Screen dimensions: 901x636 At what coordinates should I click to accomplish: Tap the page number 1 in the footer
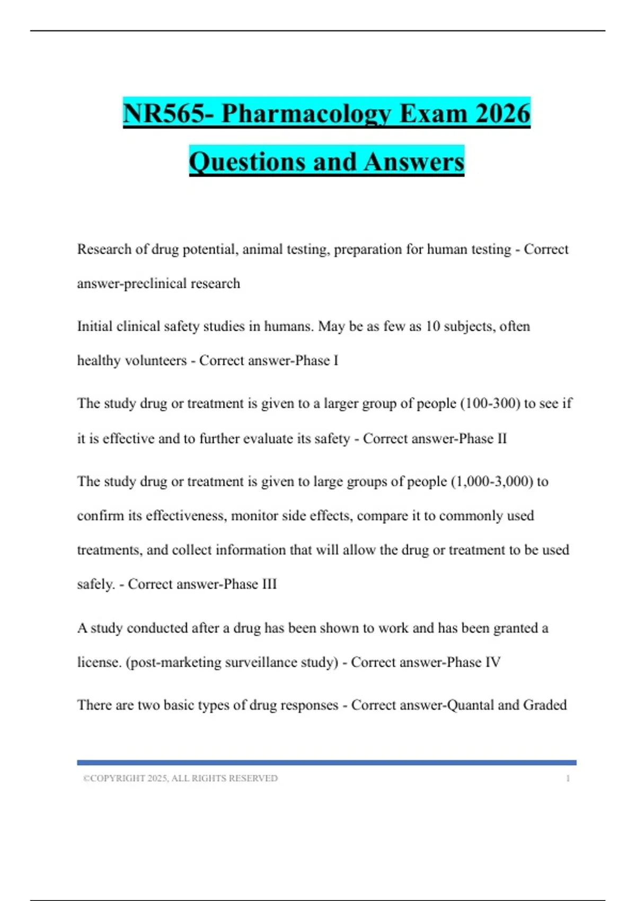coord(568,779)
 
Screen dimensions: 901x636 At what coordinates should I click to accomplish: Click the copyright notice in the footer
coord(180,779)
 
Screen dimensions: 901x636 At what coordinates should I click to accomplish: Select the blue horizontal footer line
coord(326,763)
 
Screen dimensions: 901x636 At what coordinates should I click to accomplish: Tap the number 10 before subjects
coord(433,326)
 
